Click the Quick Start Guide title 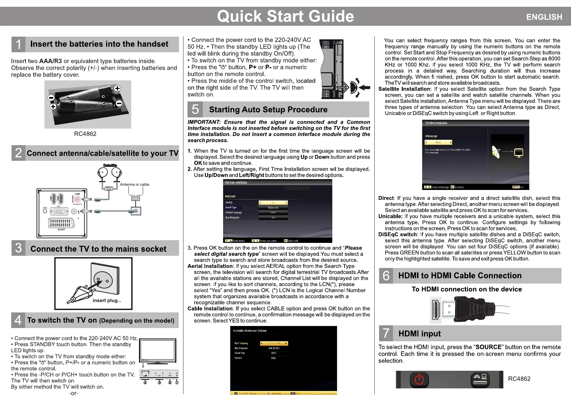pyautogui.click(x=285, y=16)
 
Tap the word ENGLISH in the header pyautogui.click(x=544, y=17)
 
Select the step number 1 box pyautogui.click(x=18, y=44)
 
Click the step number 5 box pyautogui.click(x=195, y=109)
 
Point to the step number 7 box pyautogui.click(x=386, y=333)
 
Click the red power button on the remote pyautogui.click(x=419, y=379)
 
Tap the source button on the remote pyautogui.click(x=480, y=379)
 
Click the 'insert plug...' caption pyautogui.click(x=107, y=300)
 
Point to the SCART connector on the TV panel pyautogui.click(x=61, y=223)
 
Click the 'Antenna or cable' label pyautogui.click(x=135, y=185)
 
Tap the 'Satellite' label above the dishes pyautogui.click(x=110, y=166)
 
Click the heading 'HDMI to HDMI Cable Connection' pyautogui.click(x=460, y=275)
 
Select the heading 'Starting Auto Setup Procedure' pyautogui.click(x=268, y=110)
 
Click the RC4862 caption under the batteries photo pyautogui.click(x=85, y=134)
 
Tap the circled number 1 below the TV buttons pyautogui.click(x=177, y=382)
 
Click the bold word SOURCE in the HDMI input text pyautogui.click(x=488, y=347)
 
